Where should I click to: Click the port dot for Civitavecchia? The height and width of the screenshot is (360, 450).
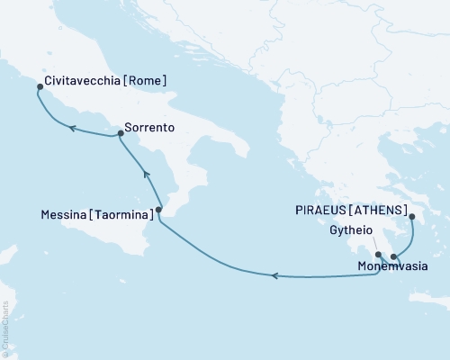(x=40, y=87)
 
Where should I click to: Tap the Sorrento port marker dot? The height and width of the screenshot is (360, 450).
(x=120, y=134)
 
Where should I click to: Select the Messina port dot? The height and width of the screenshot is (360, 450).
(x=159, y=211)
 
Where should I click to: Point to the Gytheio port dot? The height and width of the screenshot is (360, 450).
(x=379, y=255)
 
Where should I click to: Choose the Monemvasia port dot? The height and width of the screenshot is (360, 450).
(x=393, y=257)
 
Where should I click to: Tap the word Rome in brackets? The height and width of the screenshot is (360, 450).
(x=148, y=81)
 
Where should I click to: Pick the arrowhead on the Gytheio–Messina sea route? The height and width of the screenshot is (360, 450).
(x=275, y=275)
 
